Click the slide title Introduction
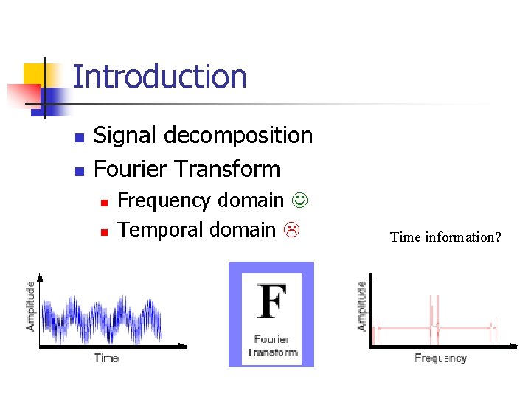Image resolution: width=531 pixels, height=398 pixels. coord(159,77)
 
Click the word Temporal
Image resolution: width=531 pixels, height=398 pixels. coord(160,230)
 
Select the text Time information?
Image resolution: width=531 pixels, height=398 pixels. coord(445,237)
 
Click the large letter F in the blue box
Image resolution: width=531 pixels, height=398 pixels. coord(271,303)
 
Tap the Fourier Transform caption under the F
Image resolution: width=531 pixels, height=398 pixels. coord(271,346)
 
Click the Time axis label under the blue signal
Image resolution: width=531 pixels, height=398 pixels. coord(106,358)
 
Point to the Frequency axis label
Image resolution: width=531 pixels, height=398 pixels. coord(440,358)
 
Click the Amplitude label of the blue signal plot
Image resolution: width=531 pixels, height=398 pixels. coord(31,305)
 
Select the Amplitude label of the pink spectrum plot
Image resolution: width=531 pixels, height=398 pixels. coord(361,305)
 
